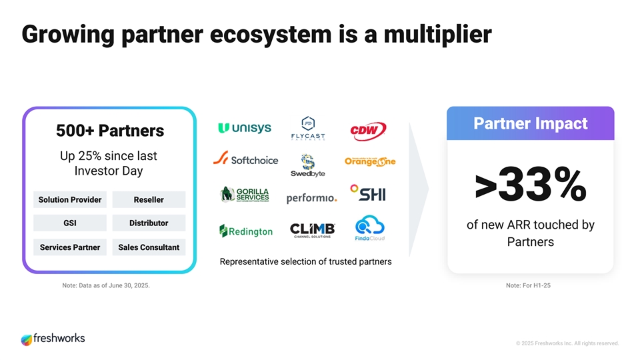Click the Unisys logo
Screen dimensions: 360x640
click(244, 128)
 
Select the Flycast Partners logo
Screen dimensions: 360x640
click(307, 130)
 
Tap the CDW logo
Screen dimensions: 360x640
click(368, 131)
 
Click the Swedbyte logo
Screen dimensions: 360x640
click(307, 165)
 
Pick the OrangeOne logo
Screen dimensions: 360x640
click(370, 161)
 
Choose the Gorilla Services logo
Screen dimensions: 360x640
click(245, 194)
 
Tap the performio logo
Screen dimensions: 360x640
click(311, 198)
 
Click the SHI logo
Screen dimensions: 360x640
click(368, 193)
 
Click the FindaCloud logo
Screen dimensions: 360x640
click(370, 228)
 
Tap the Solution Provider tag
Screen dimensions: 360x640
click(70, 199)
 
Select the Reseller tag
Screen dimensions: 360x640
click(149, 199)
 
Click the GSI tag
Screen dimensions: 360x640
click(70, 223)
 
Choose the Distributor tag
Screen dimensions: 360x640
click(149, 223)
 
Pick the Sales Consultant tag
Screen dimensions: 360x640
click(149, 247)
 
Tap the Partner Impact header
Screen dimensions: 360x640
click(530, 123)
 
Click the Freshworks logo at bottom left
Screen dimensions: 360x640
click(53, 339)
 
